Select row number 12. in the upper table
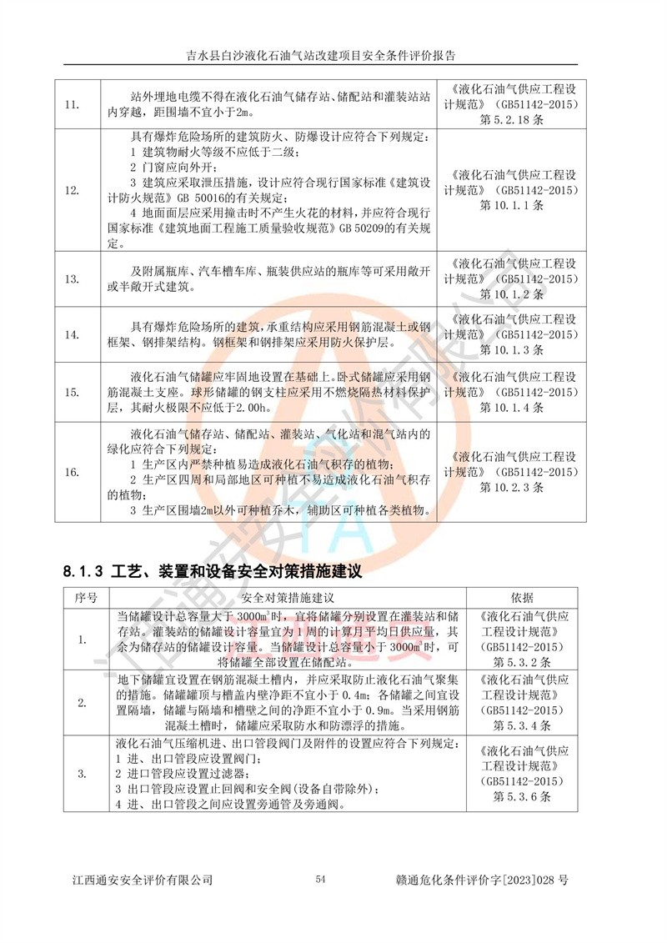pyautogui.click(x=72, y=190)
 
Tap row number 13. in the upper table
pyautogui.click(x=72, y=279)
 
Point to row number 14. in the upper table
pyautogui.click(x=72, y=334)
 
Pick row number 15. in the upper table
pyautogui.click(x=72, y=392)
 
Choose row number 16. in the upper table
pyautogui.click(x=72, y=473)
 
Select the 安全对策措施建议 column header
pyautogui.click(x=288, y=598)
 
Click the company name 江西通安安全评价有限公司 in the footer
pyautogui.click(x=143, y=880)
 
